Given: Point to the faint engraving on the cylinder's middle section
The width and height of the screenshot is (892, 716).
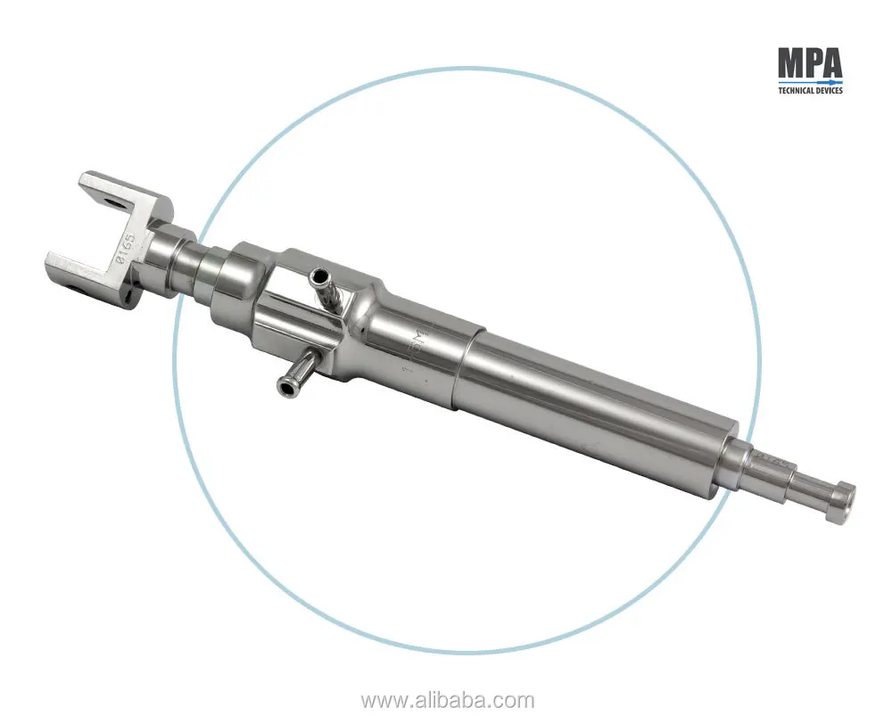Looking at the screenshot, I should (417, 343).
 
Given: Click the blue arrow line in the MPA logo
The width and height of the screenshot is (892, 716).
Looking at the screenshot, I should (809, 81).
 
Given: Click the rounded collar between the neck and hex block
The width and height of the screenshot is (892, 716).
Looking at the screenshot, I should (232, 276).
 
